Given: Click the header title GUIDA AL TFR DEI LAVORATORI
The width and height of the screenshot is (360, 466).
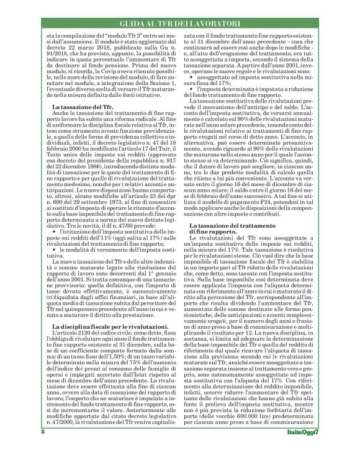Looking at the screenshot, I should pyautogui.click(x=179, y=23).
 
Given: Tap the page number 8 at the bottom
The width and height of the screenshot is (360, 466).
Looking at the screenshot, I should pyautogui.click(x=43, y=449).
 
